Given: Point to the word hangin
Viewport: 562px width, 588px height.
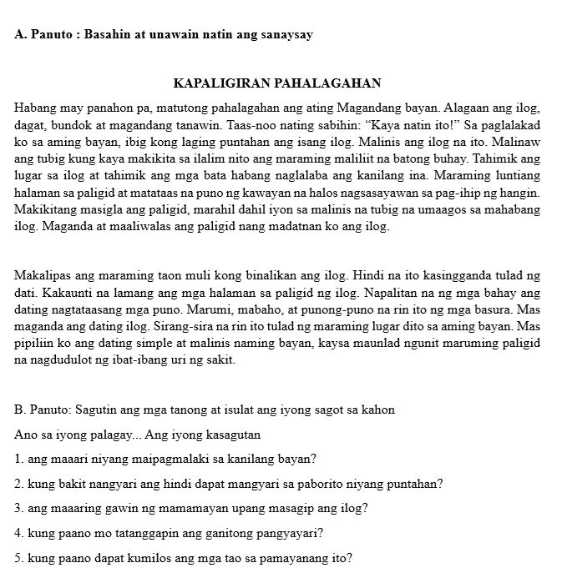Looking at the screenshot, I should tap(521, 193).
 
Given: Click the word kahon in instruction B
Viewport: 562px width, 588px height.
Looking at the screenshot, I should tap(377, 410).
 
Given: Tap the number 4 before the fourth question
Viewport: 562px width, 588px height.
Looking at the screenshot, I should tap(18, 531).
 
